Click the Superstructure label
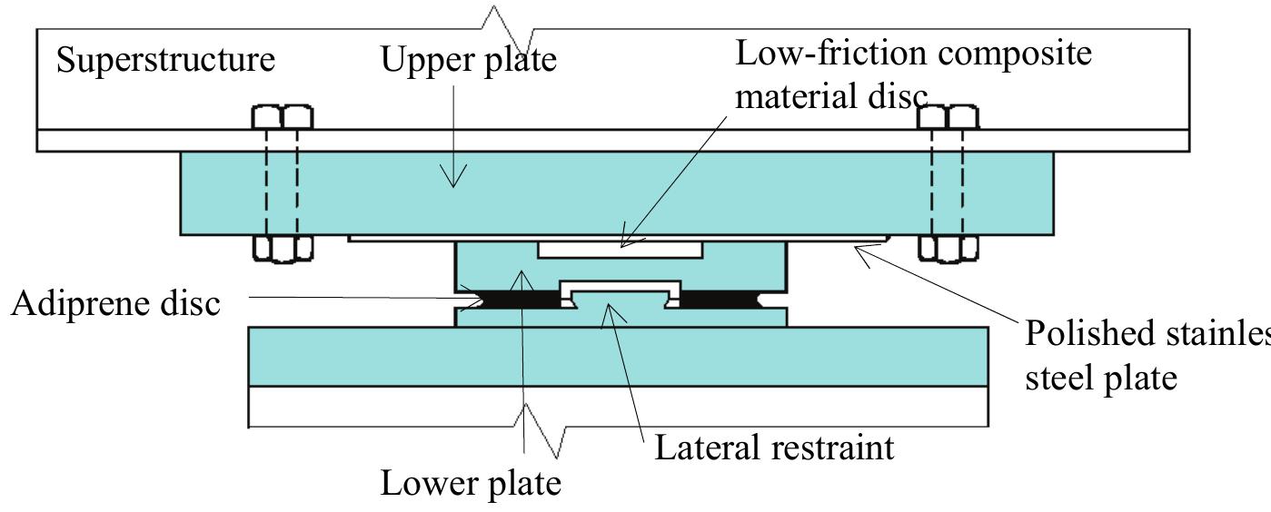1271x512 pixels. [x=165, y=60]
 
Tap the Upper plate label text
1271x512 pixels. [x=468, y=60]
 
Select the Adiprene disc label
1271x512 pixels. [x=115, y=302]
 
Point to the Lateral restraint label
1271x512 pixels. [x=774, y=447]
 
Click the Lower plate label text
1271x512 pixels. [x=470, y=482]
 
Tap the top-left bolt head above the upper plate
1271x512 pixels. [x=282, y=117]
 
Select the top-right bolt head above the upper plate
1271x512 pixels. [x=948, y=117]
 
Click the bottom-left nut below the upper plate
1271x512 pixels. [x=282, y=248]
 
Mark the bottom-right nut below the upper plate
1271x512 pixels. [x=948, y=248]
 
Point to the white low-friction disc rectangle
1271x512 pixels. [x=620, y=248]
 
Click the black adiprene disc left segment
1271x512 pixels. [x=512, y=297]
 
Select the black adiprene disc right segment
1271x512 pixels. [x=727, y=297]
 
